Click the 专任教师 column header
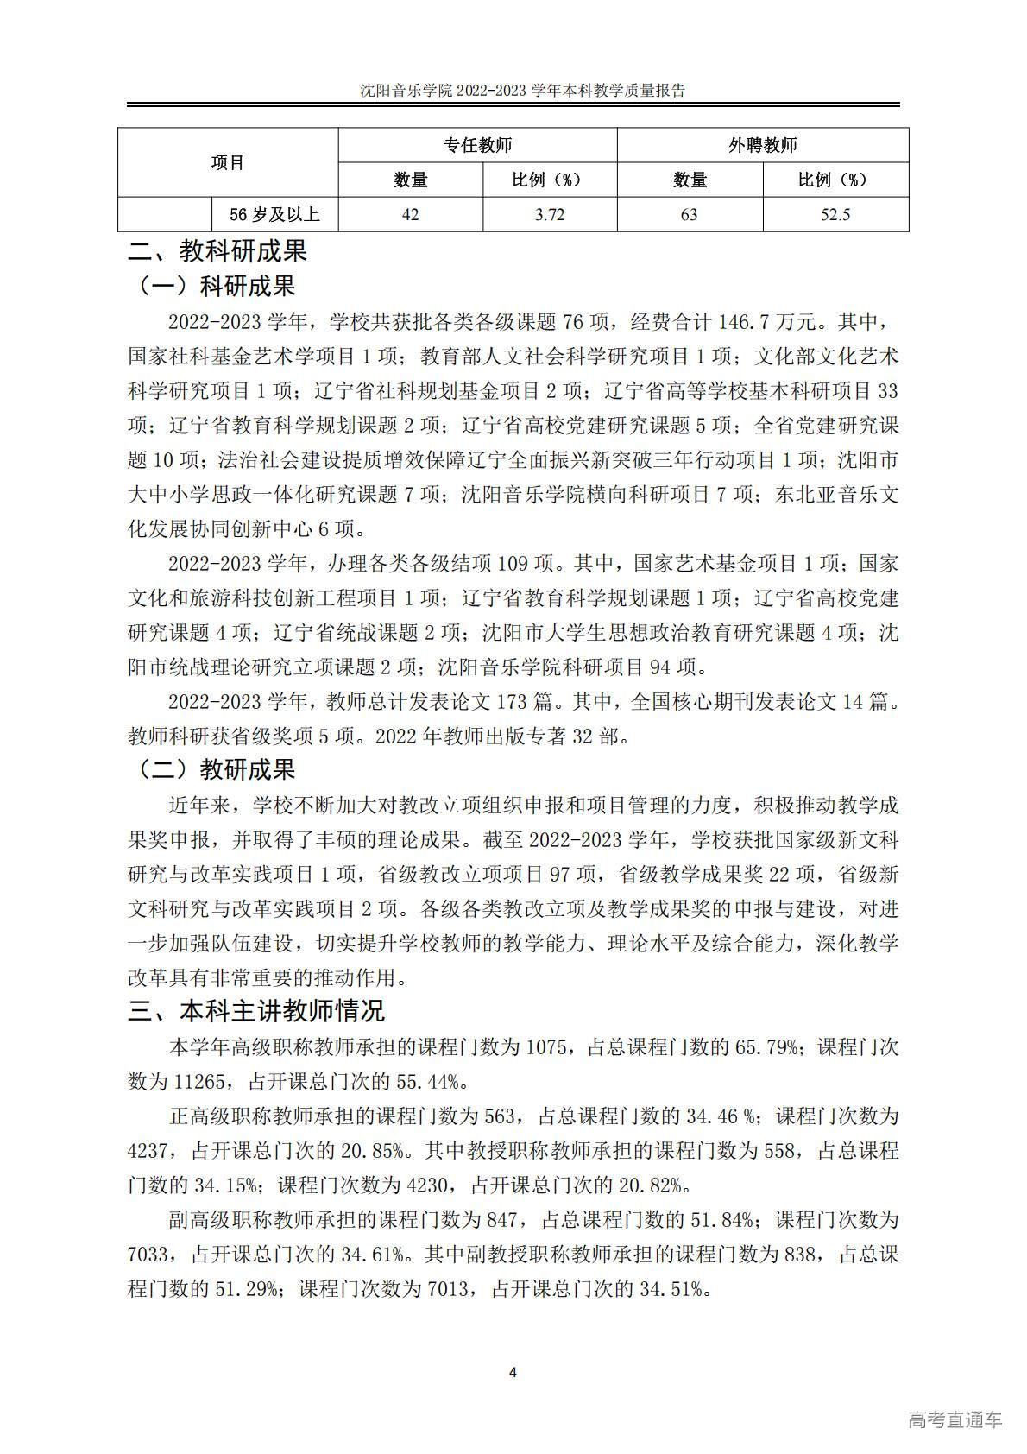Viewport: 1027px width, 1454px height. tap(477, 145)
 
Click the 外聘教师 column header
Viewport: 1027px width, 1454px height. tap(762, 145)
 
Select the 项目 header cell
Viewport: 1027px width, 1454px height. tap(228, 162)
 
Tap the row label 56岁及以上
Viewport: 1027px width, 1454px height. tap(274, 214)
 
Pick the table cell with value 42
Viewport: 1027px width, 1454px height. tap(410, 214)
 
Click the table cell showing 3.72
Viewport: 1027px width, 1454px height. tap(550, 214)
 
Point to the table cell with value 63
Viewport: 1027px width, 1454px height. tap(689, 214)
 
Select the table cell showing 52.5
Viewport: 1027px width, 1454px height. tap(835, 214)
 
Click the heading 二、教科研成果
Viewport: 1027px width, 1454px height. tap(217, 251)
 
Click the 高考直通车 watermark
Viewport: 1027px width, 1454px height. tap(955, 1419)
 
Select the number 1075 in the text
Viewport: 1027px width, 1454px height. tap(545, 1047)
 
